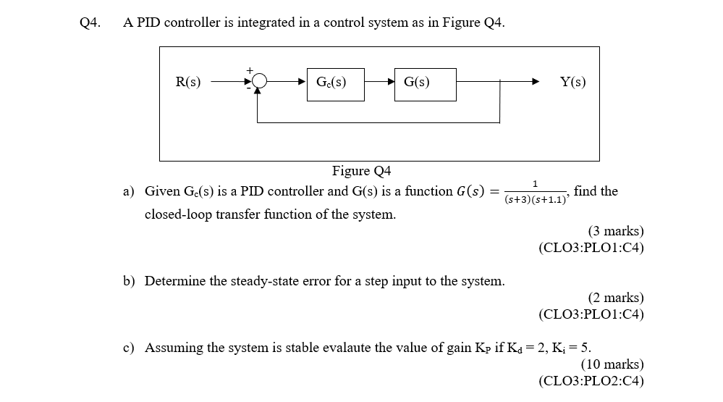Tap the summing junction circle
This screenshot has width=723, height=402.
point(259,83)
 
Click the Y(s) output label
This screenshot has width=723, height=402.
point(573,83)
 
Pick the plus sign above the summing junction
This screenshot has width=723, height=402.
point(250,70)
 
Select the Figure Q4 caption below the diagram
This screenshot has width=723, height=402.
point(361,171)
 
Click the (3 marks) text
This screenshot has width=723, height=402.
point(615,231)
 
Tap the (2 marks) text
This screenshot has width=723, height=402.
point(615,298)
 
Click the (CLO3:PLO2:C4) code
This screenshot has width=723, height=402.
point(591,381)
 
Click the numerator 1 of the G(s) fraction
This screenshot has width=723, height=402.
point(535,184)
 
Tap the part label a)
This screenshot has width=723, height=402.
point(129,192)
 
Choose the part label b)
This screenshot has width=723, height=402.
point(129,281)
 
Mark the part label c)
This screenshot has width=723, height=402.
point(129,348)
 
